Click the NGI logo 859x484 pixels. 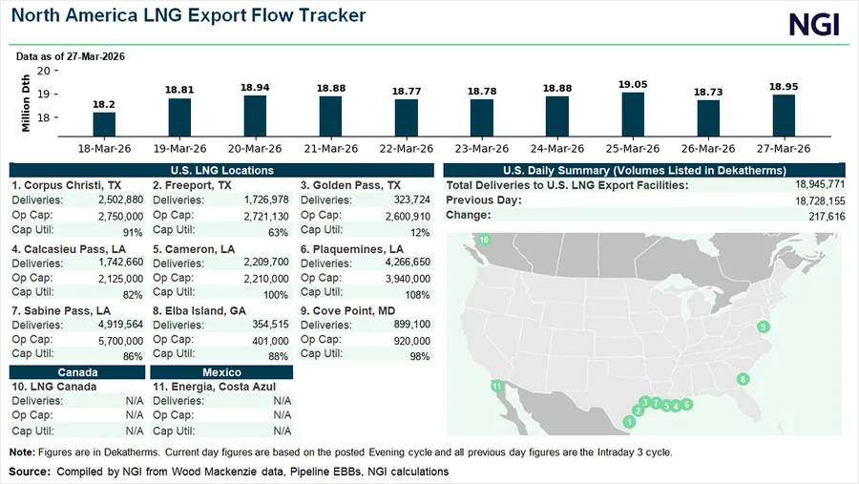pyautogui.click(x=813, y=25)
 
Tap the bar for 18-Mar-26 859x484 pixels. pyautogui.click(x=104, y=125)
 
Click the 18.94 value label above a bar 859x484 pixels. pyautogui.click(x=254, y=87)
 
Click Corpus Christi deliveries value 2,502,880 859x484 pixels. pyautogui.click(x=120, y=200)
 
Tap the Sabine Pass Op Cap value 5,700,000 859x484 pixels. pyautogui.click(x=120, y=340)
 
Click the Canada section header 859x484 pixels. pyautogui.click(x=77, y=372)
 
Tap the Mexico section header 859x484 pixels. pyautogui.click(x=221, y=372)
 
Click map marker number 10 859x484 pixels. pyautogui.click(x=484, y=240)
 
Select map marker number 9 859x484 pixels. pyautogui.click(x=764, y=327)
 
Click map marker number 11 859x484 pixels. pyautogui.click(x=496, y=387)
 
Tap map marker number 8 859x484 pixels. pyautogui.click(x=743, y=380)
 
